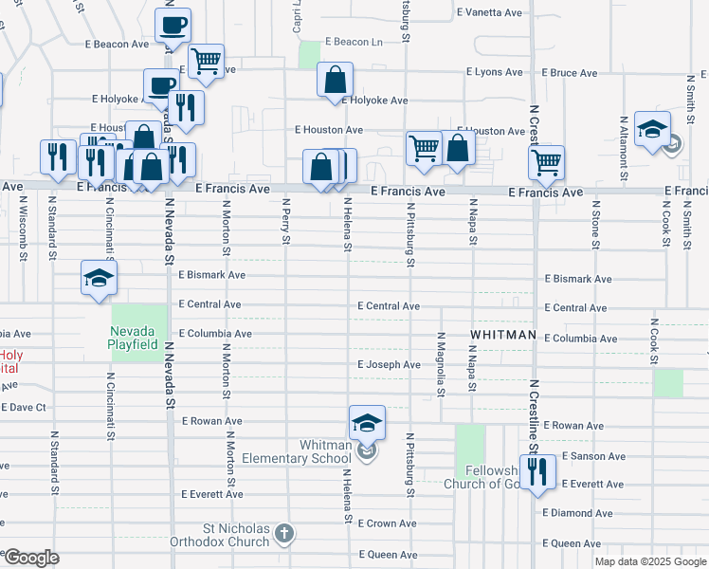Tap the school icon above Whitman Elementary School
tap(368, 423)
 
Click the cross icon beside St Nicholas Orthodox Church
tap(284, 535)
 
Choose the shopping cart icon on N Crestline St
tap(547, 163)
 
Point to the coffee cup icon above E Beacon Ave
tap(173, 26)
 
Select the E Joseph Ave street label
tap(389, 365)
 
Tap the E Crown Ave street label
tap(387, 523)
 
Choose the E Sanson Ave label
tap(592, 456)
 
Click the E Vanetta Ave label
tap(489, 13)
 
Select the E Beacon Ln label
tap(354, 42)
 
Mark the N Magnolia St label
tap(442, 364)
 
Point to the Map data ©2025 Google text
tap(650, 561)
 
